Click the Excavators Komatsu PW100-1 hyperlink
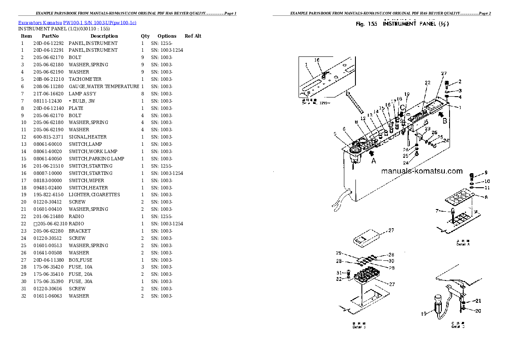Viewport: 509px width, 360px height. tap(77, 22)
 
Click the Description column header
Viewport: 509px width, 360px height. tap(104, 36)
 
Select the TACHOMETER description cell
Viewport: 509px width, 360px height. tap(85, 79)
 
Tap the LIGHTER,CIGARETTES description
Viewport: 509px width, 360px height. tap(94, 195)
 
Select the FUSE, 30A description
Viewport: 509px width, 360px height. tap(80, 281)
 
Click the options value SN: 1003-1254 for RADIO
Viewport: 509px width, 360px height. tap(167, 224)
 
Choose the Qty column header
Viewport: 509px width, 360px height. tap(145, 36)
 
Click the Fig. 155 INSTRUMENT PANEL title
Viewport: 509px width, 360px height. tap(402, 24)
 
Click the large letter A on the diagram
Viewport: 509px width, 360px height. tap(373, 161)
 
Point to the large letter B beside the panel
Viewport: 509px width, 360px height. tap(444, 121)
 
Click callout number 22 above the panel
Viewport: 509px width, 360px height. tap(427, 83)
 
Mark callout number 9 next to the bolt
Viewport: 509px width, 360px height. tap(485, 173)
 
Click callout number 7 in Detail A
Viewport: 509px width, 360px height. tap(437, 211)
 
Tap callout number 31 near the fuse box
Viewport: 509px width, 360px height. tap(339, 273)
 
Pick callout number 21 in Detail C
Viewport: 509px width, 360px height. tap(479, 301)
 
